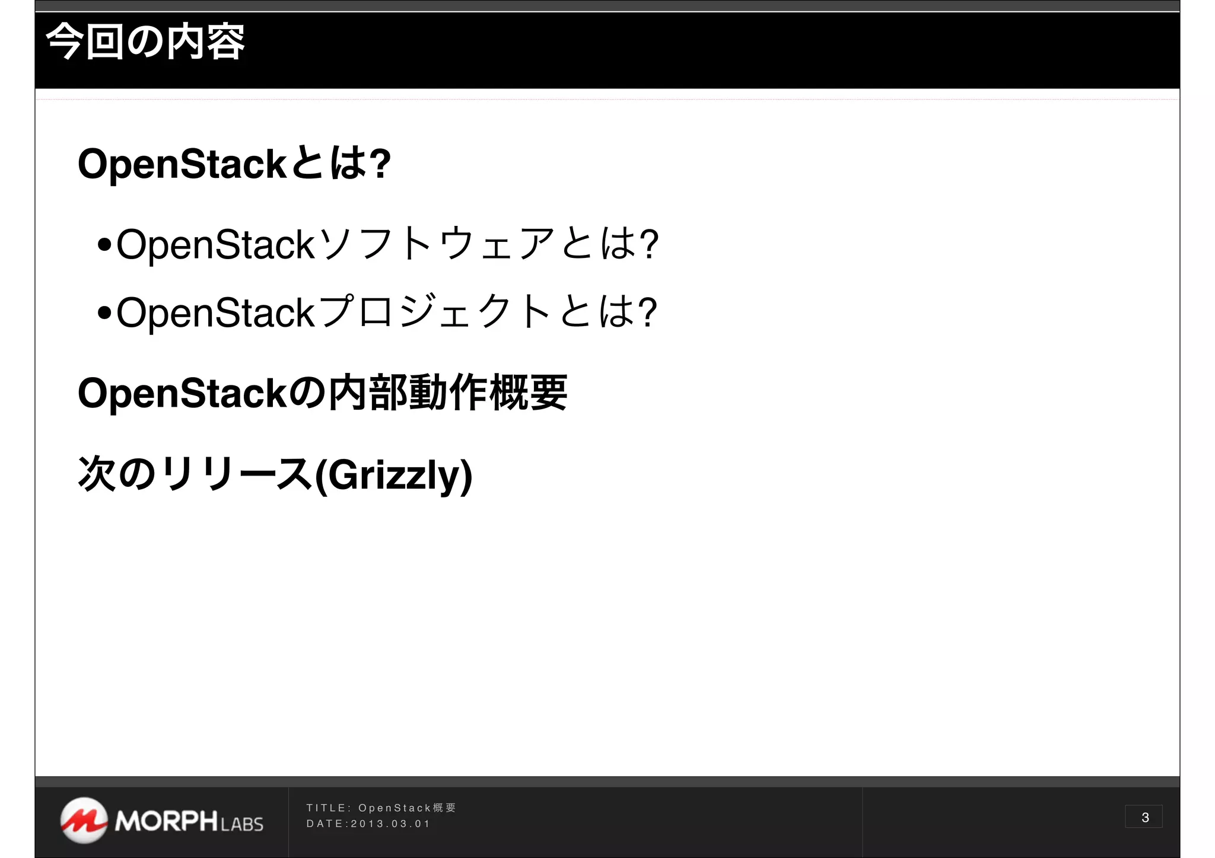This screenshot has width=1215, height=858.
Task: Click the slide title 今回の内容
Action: pyautogui.click(x=145, y=43)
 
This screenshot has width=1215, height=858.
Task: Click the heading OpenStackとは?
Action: pyautogui.click(x=234, y=164)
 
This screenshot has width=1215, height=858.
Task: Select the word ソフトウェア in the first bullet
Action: pyautogui.click(x=437, y=244)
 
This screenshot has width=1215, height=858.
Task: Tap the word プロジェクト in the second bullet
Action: pyautogui.click(x=435, y=312)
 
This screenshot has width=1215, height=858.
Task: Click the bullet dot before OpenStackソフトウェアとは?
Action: pyautogui.click(x=104, y=244)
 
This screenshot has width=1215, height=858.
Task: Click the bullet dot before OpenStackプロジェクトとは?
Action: pyautogui.click(x=104, y=312)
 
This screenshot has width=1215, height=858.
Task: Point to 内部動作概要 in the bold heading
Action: pyautogui.click(x=447, y=393)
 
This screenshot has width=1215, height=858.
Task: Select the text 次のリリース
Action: pyautogui.click(x=195, y=475)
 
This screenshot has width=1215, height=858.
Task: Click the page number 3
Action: pyautogui.click(x=1144, y=817)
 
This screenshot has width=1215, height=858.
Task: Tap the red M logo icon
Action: pyautogui.click(x=84, y=820)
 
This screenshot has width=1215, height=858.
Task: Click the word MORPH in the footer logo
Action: pyautogui.click(x=166, y=821)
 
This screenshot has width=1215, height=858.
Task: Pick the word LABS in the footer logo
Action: pyautogui.click(x=241, y=824)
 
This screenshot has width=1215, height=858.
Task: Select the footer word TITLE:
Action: pyautogui.click(x=329, y=808)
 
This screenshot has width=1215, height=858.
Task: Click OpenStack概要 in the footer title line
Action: pyautogui.click(x=407, y=808)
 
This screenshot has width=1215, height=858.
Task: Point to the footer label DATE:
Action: pyautogui.click(x=327, y=824)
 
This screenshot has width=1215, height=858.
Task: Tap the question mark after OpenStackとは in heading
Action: pyautogui.click(x=380, y=164)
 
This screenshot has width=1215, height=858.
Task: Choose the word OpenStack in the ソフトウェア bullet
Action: pyautogui.click(x=215, y=244)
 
